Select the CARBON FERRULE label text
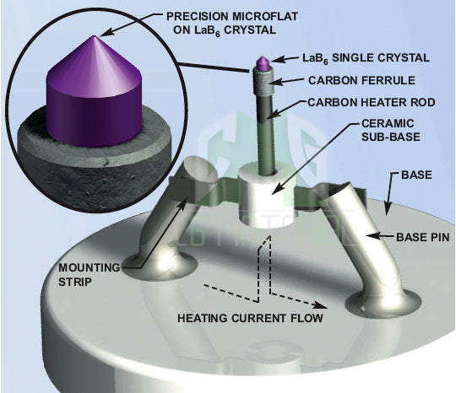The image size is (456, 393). coord(362,80)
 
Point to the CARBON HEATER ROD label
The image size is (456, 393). coord(371,103)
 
